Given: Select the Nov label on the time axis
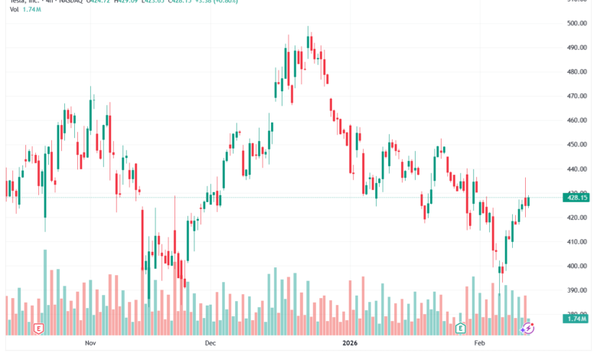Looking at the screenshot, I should click(x=90, y=345).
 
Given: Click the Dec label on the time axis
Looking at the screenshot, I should click(x=211, y=345).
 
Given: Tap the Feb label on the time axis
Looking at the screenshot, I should click(x=479, y=345).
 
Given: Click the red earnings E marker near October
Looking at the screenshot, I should click(x=38, y=329).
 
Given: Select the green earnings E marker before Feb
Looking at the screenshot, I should click(x=461, y=329).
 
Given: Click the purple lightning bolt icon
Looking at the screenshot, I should click(x=528, y=328).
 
